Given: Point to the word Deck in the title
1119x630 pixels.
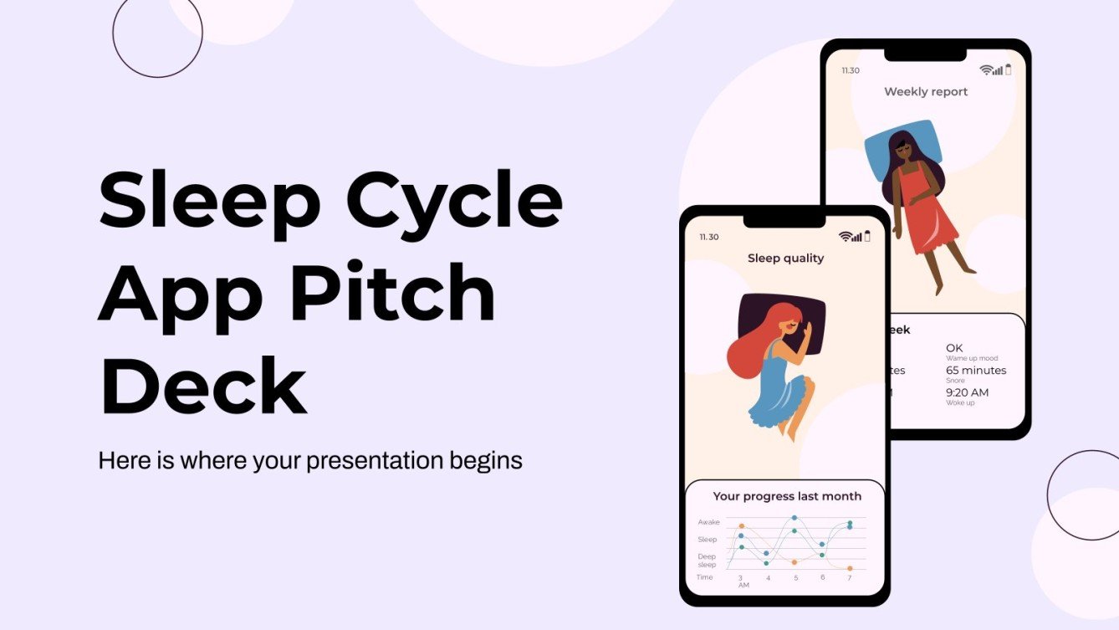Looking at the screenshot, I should [x=203, y=386].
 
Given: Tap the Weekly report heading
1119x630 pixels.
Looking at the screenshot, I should [x=926, y=92].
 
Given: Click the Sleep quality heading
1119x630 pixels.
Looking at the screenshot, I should [x=785, y=259].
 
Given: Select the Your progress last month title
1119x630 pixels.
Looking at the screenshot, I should [x=787, y=496].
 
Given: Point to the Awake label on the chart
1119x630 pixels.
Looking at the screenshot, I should [x=708, y=522].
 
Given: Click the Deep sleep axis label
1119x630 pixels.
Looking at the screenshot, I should [x=707, y=561].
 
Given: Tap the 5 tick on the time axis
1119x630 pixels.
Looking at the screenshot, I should [x=795, y=578].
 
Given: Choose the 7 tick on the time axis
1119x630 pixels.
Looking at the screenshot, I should [x=849, y=578].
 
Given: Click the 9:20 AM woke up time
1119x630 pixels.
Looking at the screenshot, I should [x=967, y=392].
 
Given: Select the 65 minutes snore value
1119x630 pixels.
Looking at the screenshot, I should [x=976, y=371].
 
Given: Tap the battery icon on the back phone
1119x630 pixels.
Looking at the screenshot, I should [x=1008, y=70].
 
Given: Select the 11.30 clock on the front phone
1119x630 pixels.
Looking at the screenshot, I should [x=708, y=238].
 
